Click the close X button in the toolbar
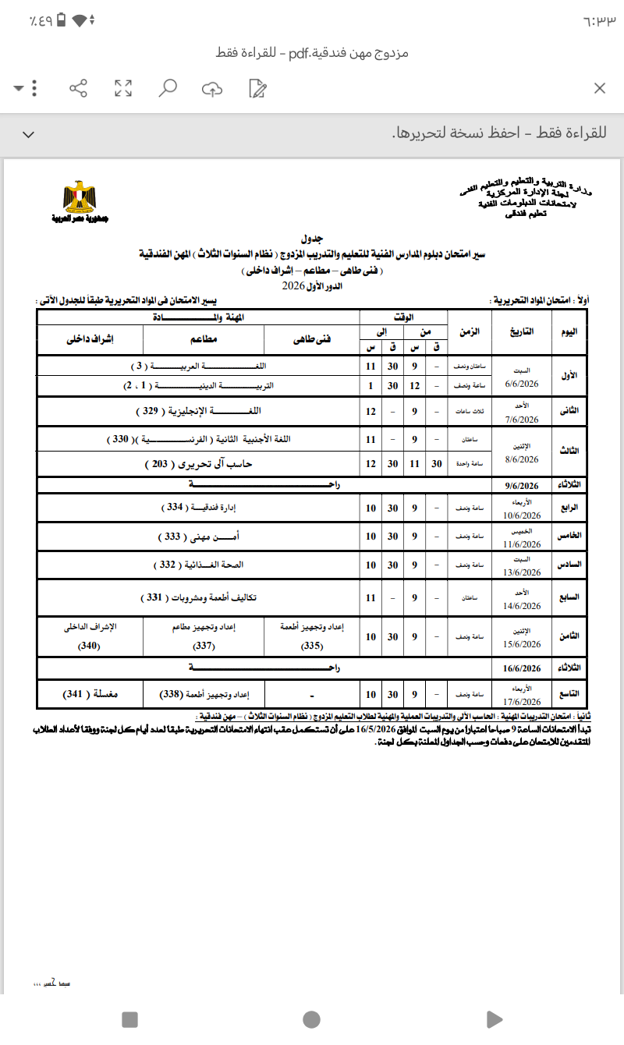point(599,88)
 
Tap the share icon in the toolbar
point(78,88)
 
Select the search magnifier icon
point(167,87)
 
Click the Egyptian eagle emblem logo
point(77,198)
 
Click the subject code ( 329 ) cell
point(203,410)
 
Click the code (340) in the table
point(90,645)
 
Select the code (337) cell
point(204,645)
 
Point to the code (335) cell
point(312,645)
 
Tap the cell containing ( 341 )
point(90,694)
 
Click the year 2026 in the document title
point(294,287)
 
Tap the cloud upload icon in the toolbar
point(211,88)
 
